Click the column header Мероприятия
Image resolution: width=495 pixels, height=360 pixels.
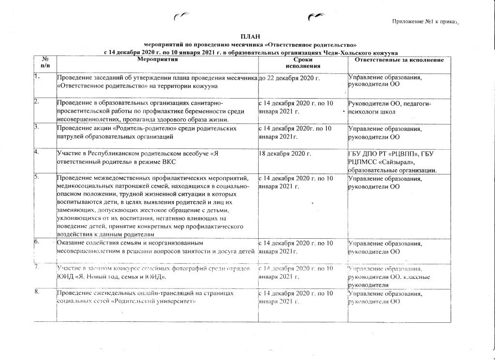coord(158,59)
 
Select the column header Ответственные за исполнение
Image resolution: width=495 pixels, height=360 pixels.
coord(399,59)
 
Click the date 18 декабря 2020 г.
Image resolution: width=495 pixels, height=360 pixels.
coord(285,154)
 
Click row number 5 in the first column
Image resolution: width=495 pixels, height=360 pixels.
coord(36,177)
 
